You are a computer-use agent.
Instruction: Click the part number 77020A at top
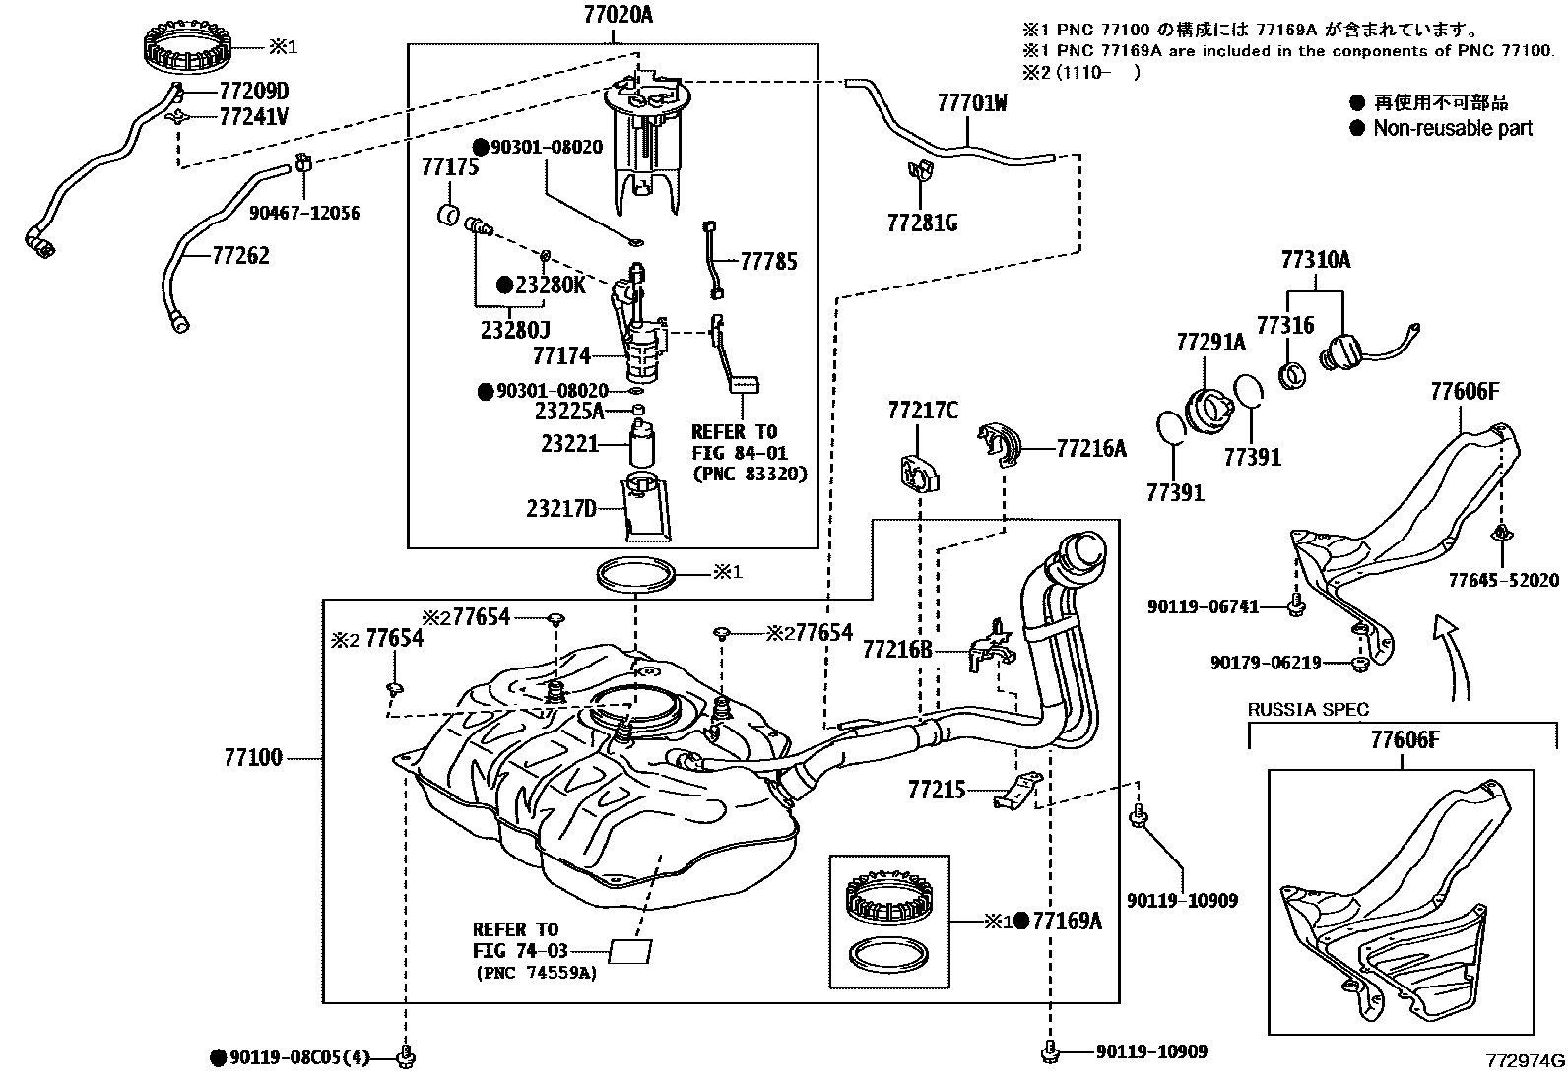point(612,16)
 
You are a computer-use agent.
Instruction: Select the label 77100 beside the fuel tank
point(253,757)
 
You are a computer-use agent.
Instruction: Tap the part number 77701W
point(971,102)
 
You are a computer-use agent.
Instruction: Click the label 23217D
point(560,508)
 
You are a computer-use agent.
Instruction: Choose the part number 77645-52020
point(1503,580)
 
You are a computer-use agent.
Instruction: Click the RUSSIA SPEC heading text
point(1308,709)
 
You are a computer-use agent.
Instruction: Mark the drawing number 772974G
point(1526,1061)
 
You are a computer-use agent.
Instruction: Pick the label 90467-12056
point(304,213)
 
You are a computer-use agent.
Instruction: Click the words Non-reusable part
point(1453,128)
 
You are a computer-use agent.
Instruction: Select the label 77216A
point(1090,449)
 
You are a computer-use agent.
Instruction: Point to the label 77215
point(936,790)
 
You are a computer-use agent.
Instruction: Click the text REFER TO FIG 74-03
point(516,940)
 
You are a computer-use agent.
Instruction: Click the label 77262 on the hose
point(240,256)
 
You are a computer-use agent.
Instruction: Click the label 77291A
point(1210,343)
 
